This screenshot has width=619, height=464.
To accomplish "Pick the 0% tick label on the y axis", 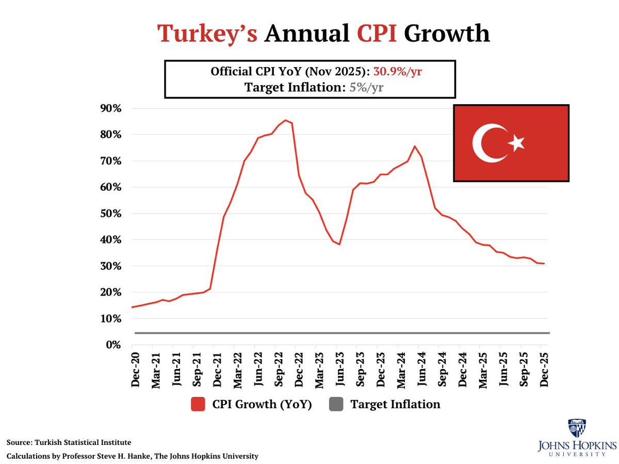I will [113, 345].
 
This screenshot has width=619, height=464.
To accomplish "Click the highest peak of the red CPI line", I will [286, 120].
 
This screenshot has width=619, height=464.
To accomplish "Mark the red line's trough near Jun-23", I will [339, 244].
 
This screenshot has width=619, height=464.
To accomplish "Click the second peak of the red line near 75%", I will [415, 146].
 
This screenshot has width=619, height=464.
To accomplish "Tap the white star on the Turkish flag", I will [516, 143].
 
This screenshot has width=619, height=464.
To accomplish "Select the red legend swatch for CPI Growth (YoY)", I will [198, 405].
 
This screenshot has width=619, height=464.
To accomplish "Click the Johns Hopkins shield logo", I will [577, 428].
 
